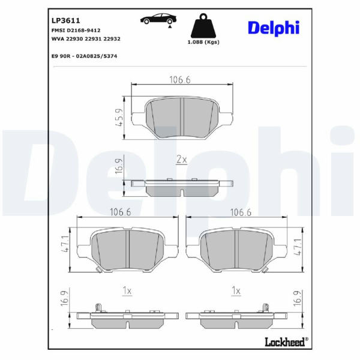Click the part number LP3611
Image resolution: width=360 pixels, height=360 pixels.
point(65,20)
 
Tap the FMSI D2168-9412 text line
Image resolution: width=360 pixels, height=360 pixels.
point(76,31)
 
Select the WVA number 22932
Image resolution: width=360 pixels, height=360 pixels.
point(112,39)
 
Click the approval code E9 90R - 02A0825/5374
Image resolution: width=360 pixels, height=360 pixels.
point(84,56)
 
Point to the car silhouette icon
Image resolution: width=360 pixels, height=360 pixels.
point(158,19)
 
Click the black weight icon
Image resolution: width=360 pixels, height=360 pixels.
point(203,25)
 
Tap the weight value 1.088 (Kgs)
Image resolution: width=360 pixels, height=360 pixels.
point(203,42)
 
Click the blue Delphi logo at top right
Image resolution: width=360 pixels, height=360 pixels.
point(274,28)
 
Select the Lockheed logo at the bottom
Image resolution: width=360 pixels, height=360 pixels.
point(287,342)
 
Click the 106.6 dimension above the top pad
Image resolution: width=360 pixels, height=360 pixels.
point(180,80)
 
